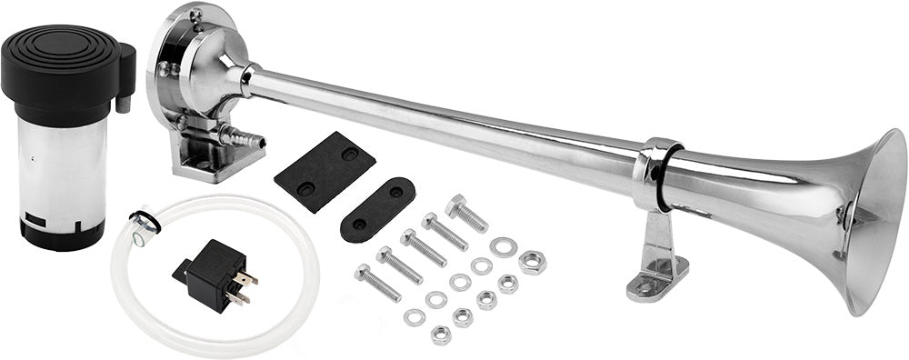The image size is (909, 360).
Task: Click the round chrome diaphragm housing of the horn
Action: point(195,68)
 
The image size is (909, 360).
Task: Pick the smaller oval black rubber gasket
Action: point(377,208)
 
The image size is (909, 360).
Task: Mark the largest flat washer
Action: point(502,245)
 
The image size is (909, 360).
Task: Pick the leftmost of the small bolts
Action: point(376,283)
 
